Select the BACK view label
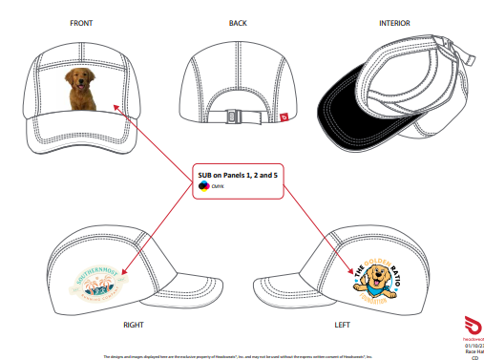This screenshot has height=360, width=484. pos(238,22)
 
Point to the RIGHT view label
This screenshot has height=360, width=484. pos(134,325)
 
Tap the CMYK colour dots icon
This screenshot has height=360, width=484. pos(202,187)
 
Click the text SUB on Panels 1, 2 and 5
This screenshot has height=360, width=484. pos(238,176)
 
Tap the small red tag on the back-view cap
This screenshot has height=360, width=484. pos(284,118)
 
